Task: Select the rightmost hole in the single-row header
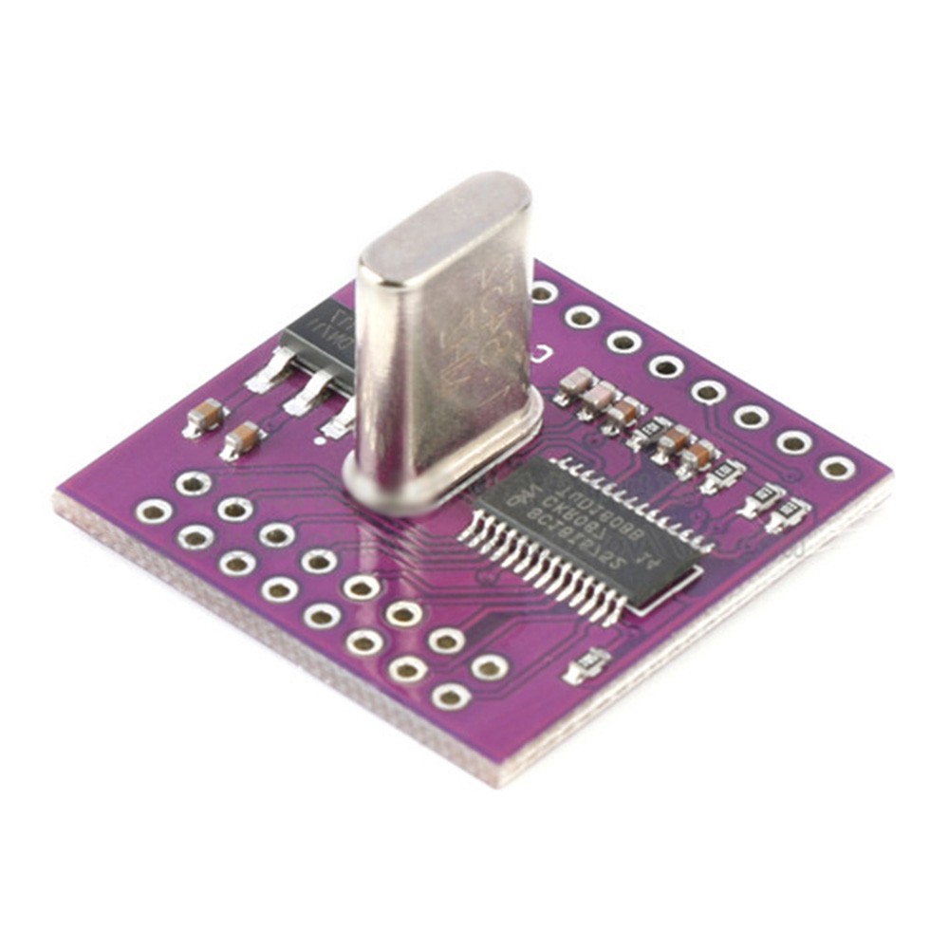(x=836, y=467)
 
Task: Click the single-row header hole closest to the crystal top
(x=543, y=292)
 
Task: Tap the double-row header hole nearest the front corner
(x=451, y=698)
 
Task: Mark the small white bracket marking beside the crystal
(x=541, y=357)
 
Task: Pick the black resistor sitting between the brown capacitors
(x=650, y=432)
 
